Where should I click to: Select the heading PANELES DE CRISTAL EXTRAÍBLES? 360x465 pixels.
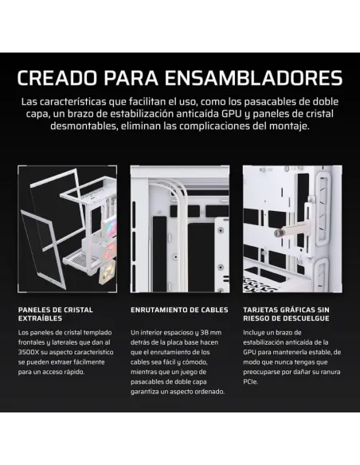(x=55, y=315)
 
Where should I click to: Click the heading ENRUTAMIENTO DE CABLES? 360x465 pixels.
(x=179, y=310)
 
